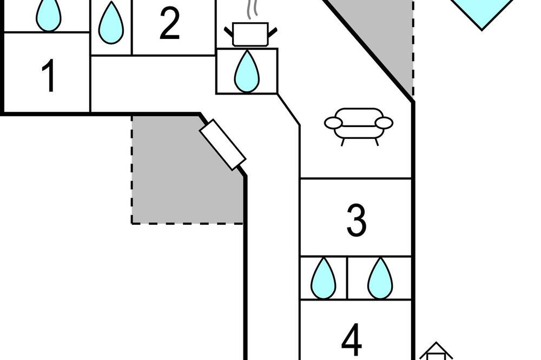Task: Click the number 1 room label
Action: point(49,76)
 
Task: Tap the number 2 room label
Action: point(170,23)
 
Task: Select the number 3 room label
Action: point(356,221)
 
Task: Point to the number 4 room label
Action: point(352,339)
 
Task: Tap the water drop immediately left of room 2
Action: point(111,23)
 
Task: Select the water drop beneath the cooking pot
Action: point(247,71)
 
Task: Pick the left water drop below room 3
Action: point(324,278)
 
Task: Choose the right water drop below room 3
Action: point(380,278)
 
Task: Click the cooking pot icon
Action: point(250,34)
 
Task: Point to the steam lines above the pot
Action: point(252,9)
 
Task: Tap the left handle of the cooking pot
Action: point(229,33)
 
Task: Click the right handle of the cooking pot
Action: point(273,33)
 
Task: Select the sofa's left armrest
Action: point(333,123)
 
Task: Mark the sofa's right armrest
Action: point(384,123)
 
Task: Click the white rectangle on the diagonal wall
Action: point(223,145)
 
